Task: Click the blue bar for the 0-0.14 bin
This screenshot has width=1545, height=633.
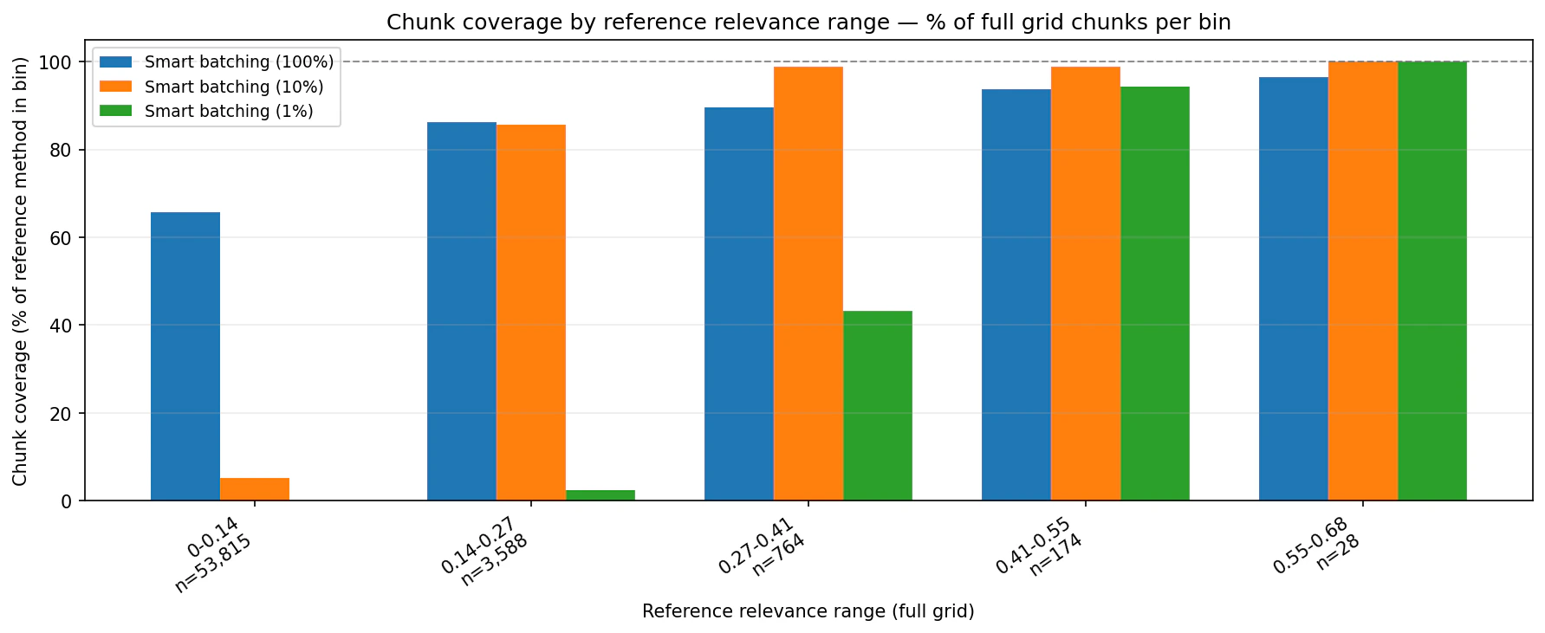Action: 185,356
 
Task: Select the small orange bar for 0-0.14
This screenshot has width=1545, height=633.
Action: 254,489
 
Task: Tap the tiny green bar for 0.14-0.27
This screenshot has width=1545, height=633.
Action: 600,495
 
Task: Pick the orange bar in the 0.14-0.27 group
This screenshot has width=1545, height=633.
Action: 530,313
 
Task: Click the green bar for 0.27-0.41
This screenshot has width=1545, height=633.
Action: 877,405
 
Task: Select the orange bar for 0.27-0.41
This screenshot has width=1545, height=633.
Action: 808,283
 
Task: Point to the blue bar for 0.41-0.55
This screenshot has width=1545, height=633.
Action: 1016,294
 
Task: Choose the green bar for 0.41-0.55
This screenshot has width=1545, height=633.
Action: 1154,294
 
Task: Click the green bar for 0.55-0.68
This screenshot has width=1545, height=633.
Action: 1431,281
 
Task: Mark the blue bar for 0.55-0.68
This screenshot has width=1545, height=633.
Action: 1293,288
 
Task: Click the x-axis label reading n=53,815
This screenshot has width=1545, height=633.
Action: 213,564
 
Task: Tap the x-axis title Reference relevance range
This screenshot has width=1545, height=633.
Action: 808,611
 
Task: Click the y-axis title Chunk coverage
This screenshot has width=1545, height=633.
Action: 20,270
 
